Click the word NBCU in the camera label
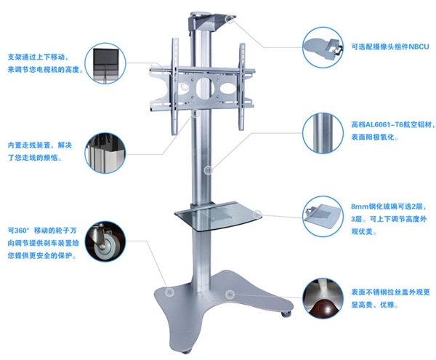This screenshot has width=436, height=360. point(418,47)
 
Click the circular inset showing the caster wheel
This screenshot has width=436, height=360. point(105,241)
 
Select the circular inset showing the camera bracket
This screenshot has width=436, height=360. point(323,47)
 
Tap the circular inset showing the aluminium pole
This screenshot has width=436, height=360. point(323,133)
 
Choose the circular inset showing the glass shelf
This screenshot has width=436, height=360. point(323,217)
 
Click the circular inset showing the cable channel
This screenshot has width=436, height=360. point(105,153)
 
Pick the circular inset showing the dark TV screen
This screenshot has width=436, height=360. point(105,63)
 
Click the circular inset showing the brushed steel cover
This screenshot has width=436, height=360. point(323,298)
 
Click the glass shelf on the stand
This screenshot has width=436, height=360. point(218,216)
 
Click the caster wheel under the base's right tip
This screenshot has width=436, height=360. point(286,313)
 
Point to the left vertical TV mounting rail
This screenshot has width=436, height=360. point(174,87)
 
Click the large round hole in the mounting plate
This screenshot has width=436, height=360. point(204,87)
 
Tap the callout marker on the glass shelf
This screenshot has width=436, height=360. point(257,215)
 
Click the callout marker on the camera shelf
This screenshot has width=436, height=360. point(230,19)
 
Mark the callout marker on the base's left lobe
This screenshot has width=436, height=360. point(169,292)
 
